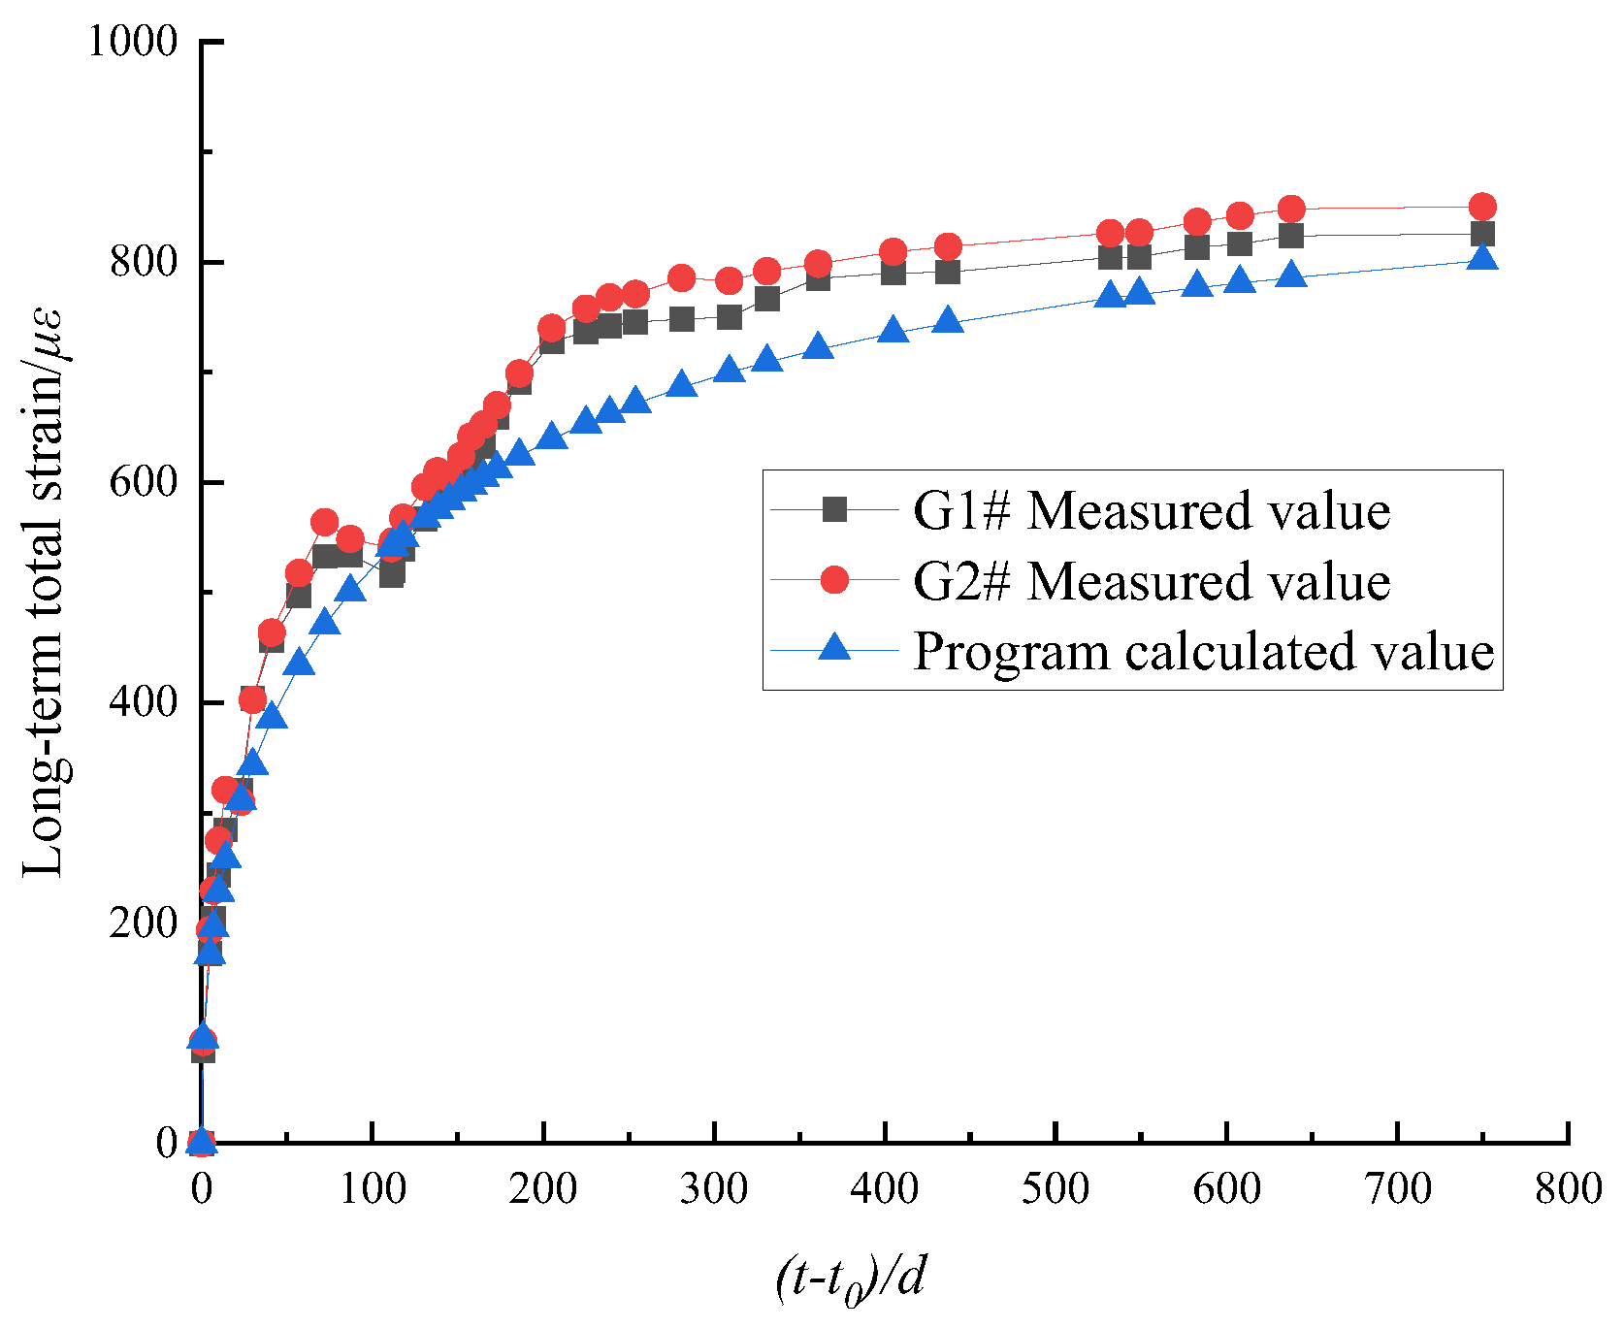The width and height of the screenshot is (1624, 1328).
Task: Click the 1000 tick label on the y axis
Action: tap(133, 42)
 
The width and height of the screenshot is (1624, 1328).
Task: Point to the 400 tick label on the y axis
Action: tap(145, 702)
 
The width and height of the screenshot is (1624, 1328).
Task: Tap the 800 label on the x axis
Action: tap(1568, 1188)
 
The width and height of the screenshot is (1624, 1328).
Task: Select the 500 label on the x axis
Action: tap(1056, 1188)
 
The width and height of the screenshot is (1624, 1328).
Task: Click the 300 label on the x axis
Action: tap(714, 1188)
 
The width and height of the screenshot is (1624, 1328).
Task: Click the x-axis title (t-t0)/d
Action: tap(851, 1279)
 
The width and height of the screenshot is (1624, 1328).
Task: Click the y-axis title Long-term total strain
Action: tap(45, 592)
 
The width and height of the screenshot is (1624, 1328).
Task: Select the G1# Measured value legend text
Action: tap(1152, 510)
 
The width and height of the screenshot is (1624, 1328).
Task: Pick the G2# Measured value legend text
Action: tap(1152, 581)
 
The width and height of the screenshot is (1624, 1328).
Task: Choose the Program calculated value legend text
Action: tap(1203, 651)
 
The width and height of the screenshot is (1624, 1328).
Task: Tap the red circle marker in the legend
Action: tap(834, 580)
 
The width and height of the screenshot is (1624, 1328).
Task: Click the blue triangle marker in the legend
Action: tap(834, 648)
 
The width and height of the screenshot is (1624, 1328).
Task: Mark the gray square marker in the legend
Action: tap(834, 509)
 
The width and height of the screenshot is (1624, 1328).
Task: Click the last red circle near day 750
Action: tap(1481, 207)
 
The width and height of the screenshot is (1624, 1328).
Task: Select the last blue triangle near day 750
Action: tap(1481, 258)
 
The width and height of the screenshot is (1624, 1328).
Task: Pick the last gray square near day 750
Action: tap(1481, 234)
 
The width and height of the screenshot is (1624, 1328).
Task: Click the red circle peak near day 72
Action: tap(325, 523)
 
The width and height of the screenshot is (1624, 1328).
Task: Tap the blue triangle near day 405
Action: tap(893, 331)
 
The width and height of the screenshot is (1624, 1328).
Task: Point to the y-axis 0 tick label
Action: tap(167, 1144)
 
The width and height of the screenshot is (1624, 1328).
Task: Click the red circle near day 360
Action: tap(818, 264)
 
